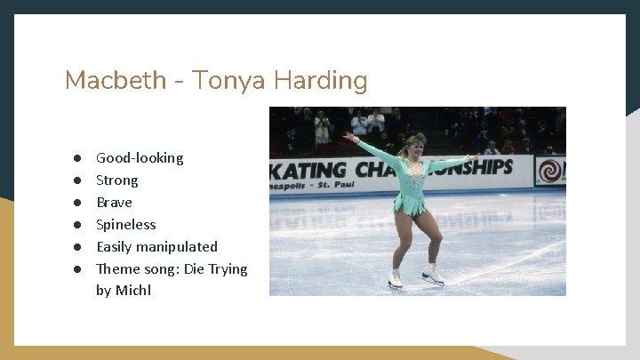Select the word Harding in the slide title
click(320, 81)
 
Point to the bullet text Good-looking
click(140, 158)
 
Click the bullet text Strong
click(117, 180)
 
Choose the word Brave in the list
click(114, 203)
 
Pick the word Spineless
click(125, 225)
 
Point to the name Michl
click(133, 291)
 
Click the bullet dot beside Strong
click(78, 180)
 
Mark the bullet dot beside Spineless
click(78, 225)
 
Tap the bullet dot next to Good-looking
click(78, 158)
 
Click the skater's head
click(413, 145)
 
